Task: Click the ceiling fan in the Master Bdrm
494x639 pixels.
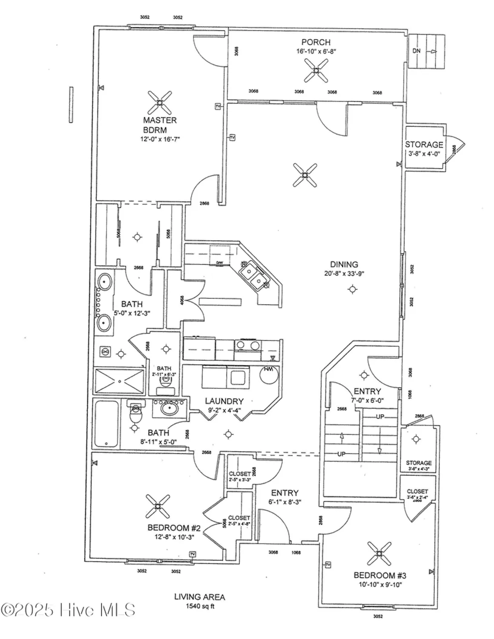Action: (160, 102)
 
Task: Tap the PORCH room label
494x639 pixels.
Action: (316, 42)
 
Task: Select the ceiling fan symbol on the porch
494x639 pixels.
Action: (316, 70)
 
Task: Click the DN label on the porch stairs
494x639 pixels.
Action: (416, 51)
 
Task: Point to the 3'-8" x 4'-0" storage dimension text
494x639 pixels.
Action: (424, 153)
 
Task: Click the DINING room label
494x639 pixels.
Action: (344, 265)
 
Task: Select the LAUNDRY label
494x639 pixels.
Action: (224, 401)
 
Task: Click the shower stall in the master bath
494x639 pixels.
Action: (119, 381)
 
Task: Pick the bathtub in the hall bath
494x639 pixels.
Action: (106, 423)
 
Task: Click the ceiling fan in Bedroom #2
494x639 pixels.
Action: (158, 506)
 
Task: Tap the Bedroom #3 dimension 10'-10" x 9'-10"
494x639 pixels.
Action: (380, 584)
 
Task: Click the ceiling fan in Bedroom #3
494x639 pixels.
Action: (379, 553)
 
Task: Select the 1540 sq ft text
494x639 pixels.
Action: (199, 606)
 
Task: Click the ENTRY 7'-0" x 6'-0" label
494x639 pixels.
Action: (367, 391)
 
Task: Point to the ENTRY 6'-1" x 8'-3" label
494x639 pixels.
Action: (284, 493)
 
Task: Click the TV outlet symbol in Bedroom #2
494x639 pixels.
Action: (192, 554)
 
